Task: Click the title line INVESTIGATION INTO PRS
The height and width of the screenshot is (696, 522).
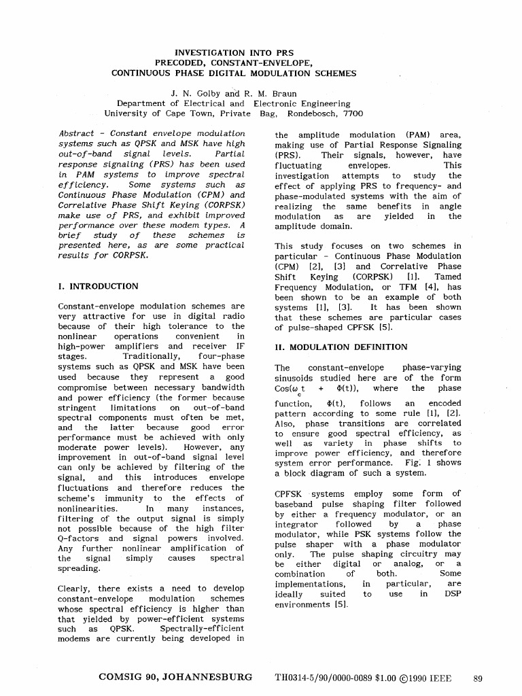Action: pos(230,52)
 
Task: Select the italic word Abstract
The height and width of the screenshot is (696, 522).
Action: pos(76,134)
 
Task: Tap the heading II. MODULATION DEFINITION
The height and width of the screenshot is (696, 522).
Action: pos(341,347)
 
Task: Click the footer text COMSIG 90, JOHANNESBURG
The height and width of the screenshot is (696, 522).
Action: pos(175,677)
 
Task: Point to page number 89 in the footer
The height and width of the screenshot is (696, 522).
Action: pos(478,678)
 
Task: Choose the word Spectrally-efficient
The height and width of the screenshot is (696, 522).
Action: pos(201,629)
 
